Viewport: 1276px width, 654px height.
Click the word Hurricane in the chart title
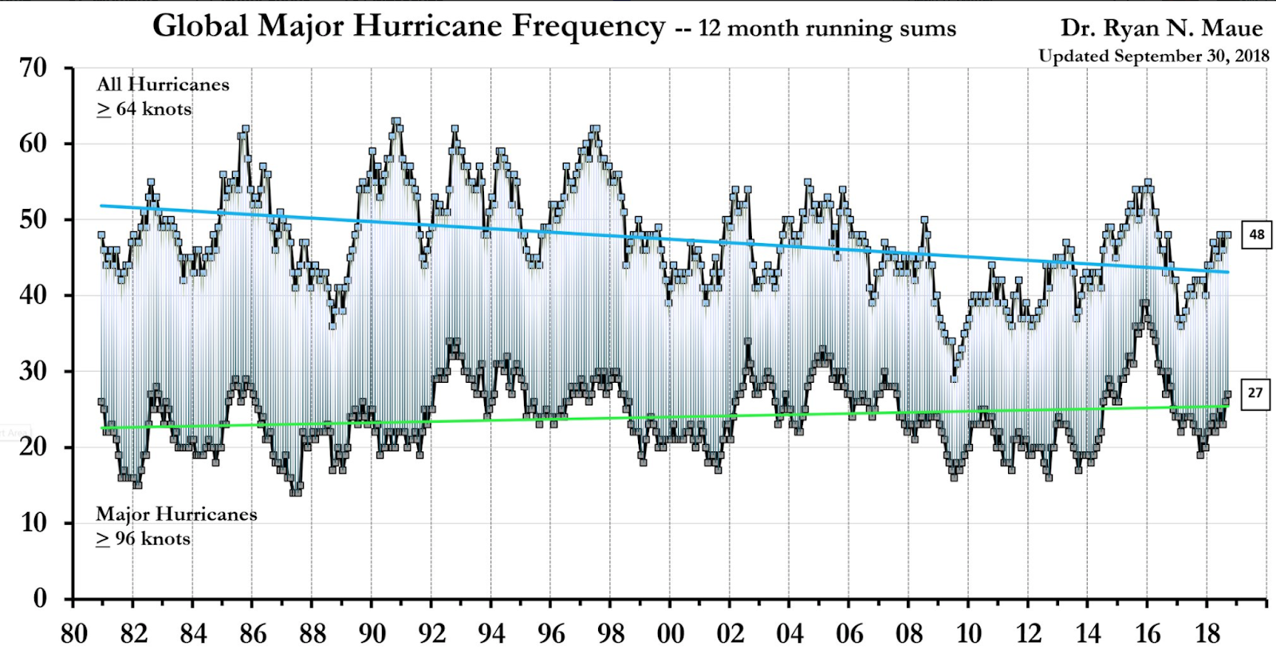click(x=428, y=26)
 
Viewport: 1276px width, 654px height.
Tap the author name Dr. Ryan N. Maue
click(x=1161, y=29)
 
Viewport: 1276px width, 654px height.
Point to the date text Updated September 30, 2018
click(x=1153, y=56)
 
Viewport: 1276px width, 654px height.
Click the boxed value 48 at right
click(x=1256, y=234)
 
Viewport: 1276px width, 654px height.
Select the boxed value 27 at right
click(x=1255, y=392)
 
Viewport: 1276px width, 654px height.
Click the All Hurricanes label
click(x=163, y=85)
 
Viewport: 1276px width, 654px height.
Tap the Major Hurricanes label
click(x=176, y=514)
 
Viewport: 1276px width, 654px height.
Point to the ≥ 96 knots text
click(x=144, y=539)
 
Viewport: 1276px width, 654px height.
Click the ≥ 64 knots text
click(x=144, y=109)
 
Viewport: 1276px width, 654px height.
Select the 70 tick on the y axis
click(x=33, y=68)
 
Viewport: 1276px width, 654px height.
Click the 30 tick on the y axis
click(x=33, y=371)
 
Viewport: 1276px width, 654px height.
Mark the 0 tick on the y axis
click(x=40, y=598)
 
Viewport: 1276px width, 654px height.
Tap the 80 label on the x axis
click(x=73, y=634)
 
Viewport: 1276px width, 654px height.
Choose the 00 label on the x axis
click(x=670, y=634)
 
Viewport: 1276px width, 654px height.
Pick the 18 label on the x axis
click(x=1207, y=634)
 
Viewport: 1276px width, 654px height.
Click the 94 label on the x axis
click(x=491, y=634)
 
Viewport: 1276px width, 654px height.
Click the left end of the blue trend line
click(x=101, y=206)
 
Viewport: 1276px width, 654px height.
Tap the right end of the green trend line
click(x=1227, y=406)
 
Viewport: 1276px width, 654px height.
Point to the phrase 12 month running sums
click(x=827, y=30)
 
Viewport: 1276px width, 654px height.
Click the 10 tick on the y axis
click(x=33, y=523)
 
